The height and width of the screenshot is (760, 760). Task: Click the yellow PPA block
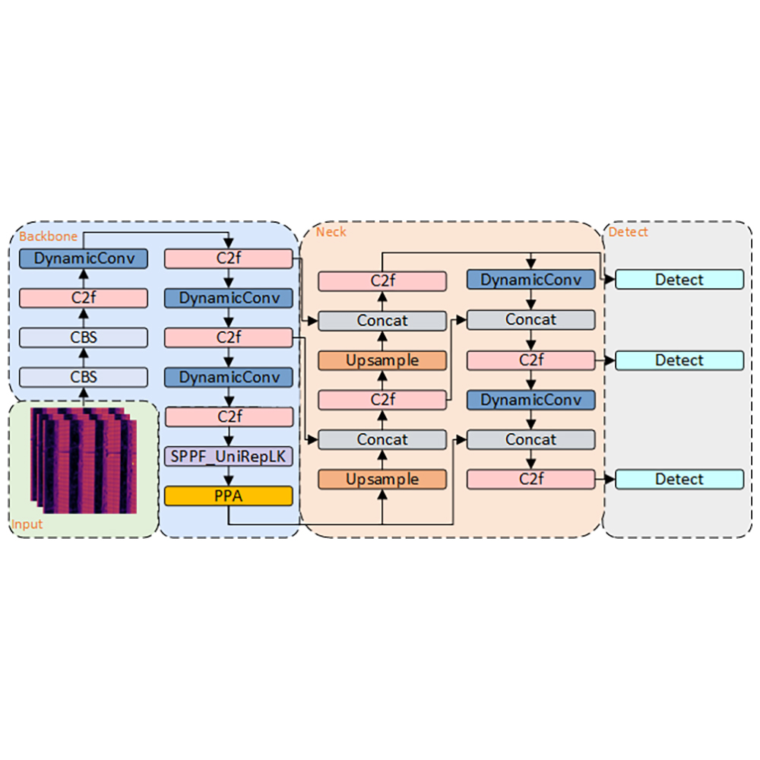pyautogui.click(x=228, y=496)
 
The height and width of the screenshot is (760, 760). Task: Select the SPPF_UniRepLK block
pyautogui.click(x=228, y=456)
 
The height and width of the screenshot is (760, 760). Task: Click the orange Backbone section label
pyautogui.click(x=48, y=236)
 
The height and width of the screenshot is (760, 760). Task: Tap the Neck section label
pyautogui.click(x=331, y=231)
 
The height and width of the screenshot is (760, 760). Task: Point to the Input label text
pyautogui.click(x=27, y=525)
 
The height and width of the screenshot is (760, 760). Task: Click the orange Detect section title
pyautogui.click(x=628, y=231)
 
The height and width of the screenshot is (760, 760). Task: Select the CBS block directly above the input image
pyautogui.click(x=84, y=377)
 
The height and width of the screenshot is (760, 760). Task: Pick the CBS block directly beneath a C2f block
pyautogui.click(x=84, y=337)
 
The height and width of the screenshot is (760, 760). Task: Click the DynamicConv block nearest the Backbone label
pyautogui.click(x=84, y=258)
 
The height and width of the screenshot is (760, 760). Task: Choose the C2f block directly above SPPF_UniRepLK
pyautogui.click(x=228, y=416)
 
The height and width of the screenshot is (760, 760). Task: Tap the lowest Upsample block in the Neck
pyautogui.click(x=382, y=480)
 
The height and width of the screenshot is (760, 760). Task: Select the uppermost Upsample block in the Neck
pyautogui.click(x=382, y=360)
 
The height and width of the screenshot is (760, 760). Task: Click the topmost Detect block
pyautogui.click(x=679, y=280)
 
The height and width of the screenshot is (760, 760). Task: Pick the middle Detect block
pyautogui.click(x=679, y=360)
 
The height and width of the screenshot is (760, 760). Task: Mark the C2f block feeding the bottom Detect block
pyautogui.click(x=530, y=480)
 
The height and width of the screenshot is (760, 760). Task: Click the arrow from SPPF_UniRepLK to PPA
pyautogui.click(x=228, y=477)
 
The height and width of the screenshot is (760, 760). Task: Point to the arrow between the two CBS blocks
pyautogui.click(x=84, y=357)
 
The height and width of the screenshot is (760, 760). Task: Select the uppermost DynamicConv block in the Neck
pyautogui.click(x=530, y=280)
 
